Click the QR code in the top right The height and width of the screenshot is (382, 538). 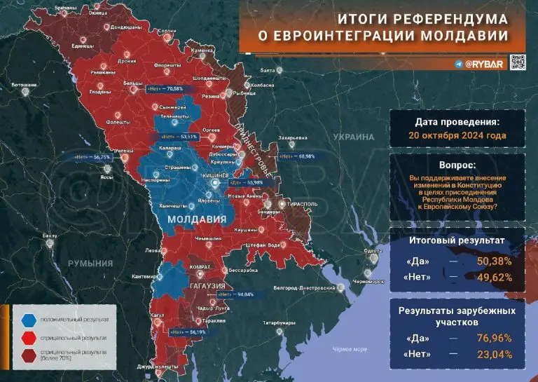click(517, 62)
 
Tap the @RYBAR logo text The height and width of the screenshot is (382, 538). click(481, 63)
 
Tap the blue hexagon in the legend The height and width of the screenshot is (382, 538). click(29, 320)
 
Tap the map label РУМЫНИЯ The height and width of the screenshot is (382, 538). click(90, 263)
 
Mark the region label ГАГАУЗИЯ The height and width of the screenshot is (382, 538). click(205, 287)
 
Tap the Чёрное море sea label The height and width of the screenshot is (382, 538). click(350, 348)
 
